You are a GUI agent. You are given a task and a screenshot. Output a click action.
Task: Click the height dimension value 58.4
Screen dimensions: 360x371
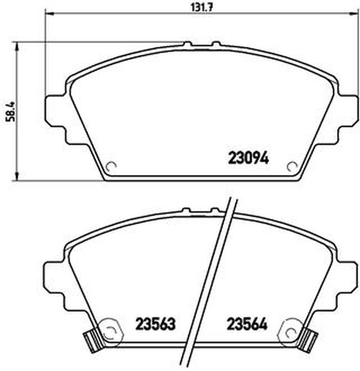(10, 111)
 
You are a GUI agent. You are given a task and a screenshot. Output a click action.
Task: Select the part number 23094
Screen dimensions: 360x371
(248, 158)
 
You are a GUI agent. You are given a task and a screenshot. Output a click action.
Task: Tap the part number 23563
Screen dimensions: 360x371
(155, 324)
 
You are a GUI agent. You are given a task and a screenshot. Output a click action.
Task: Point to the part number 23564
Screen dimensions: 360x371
(247, 324)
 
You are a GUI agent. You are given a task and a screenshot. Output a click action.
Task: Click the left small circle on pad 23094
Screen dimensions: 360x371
(111, 167)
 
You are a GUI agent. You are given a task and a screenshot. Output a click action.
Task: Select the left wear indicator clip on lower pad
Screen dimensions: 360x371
(93, 341)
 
